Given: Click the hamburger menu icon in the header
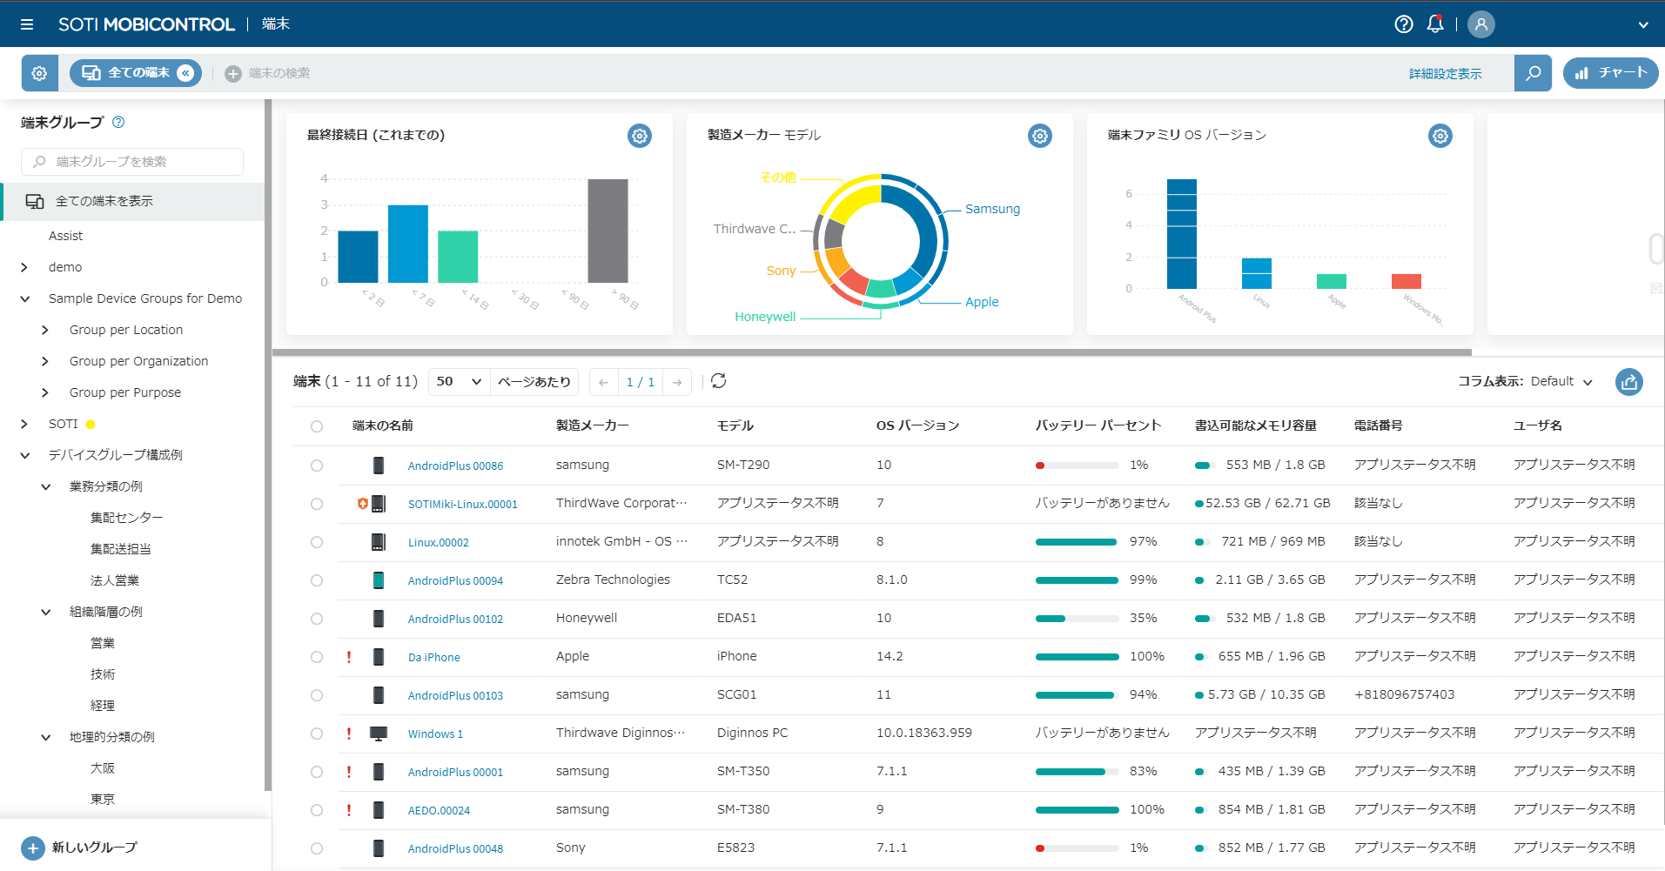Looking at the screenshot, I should click(27, 24).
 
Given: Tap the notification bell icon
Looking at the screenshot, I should click(1435, 24).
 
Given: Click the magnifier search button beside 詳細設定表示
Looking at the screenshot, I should click(1533, 73).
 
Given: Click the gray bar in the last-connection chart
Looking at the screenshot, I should click(608, 231).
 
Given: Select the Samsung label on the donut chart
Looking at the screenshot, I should click(992, 209).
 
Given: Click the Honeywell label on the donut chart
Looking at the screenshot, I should click(765, 317).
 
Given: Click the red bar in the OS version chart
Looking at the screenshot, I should click(1406, 281).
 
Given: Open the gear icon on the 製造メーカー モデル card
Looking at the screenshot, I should click(1040, 136).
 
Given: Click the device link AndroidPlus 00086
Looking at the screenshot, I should click(455, 466).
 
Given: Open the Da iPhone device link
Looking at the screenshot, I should click(433, 657).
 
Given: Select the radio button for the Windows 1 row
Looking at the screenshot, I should click(317, 734).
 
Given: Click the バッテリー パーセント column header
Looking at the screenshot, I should click(1098, 425).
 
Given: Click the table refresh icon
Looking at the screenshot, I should click(718, 381).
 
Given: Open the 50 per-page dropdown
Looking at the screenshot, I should click(459, 381).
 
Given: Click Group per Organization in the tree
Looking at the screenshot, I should click(138, 361).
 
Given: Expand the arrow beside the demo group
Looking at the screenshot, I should click(24, 267).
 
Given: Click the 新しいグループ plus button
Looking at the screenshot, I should click(33, 848).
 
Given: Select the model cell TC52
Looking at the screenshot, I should click(732, 580).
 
